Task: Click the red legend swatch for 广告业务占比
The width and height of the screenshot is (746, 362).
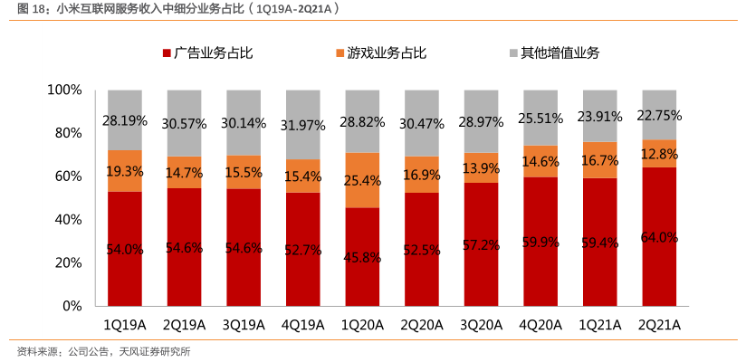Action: [167, 53]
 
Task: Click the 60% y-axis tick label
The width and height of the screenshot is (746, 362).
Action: [68, 176]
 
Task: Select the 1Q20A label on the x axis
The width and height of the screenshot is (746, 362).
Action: [363, 325]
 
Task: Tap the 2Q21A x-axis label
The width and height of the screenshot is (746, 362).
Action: [660, 325]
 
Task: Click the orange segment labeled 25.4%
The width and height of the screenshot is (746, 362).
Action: [363, 180]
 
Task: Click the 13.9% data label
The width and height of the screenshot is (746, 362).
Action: [482, 169]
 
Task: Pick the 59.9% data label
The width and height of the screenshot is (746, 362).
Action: [541, 242]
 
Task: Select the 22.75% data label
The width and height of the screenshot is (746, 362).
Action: [660, 116]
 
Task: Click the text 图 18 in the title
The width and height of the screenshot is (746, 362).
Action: [24, 9]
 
